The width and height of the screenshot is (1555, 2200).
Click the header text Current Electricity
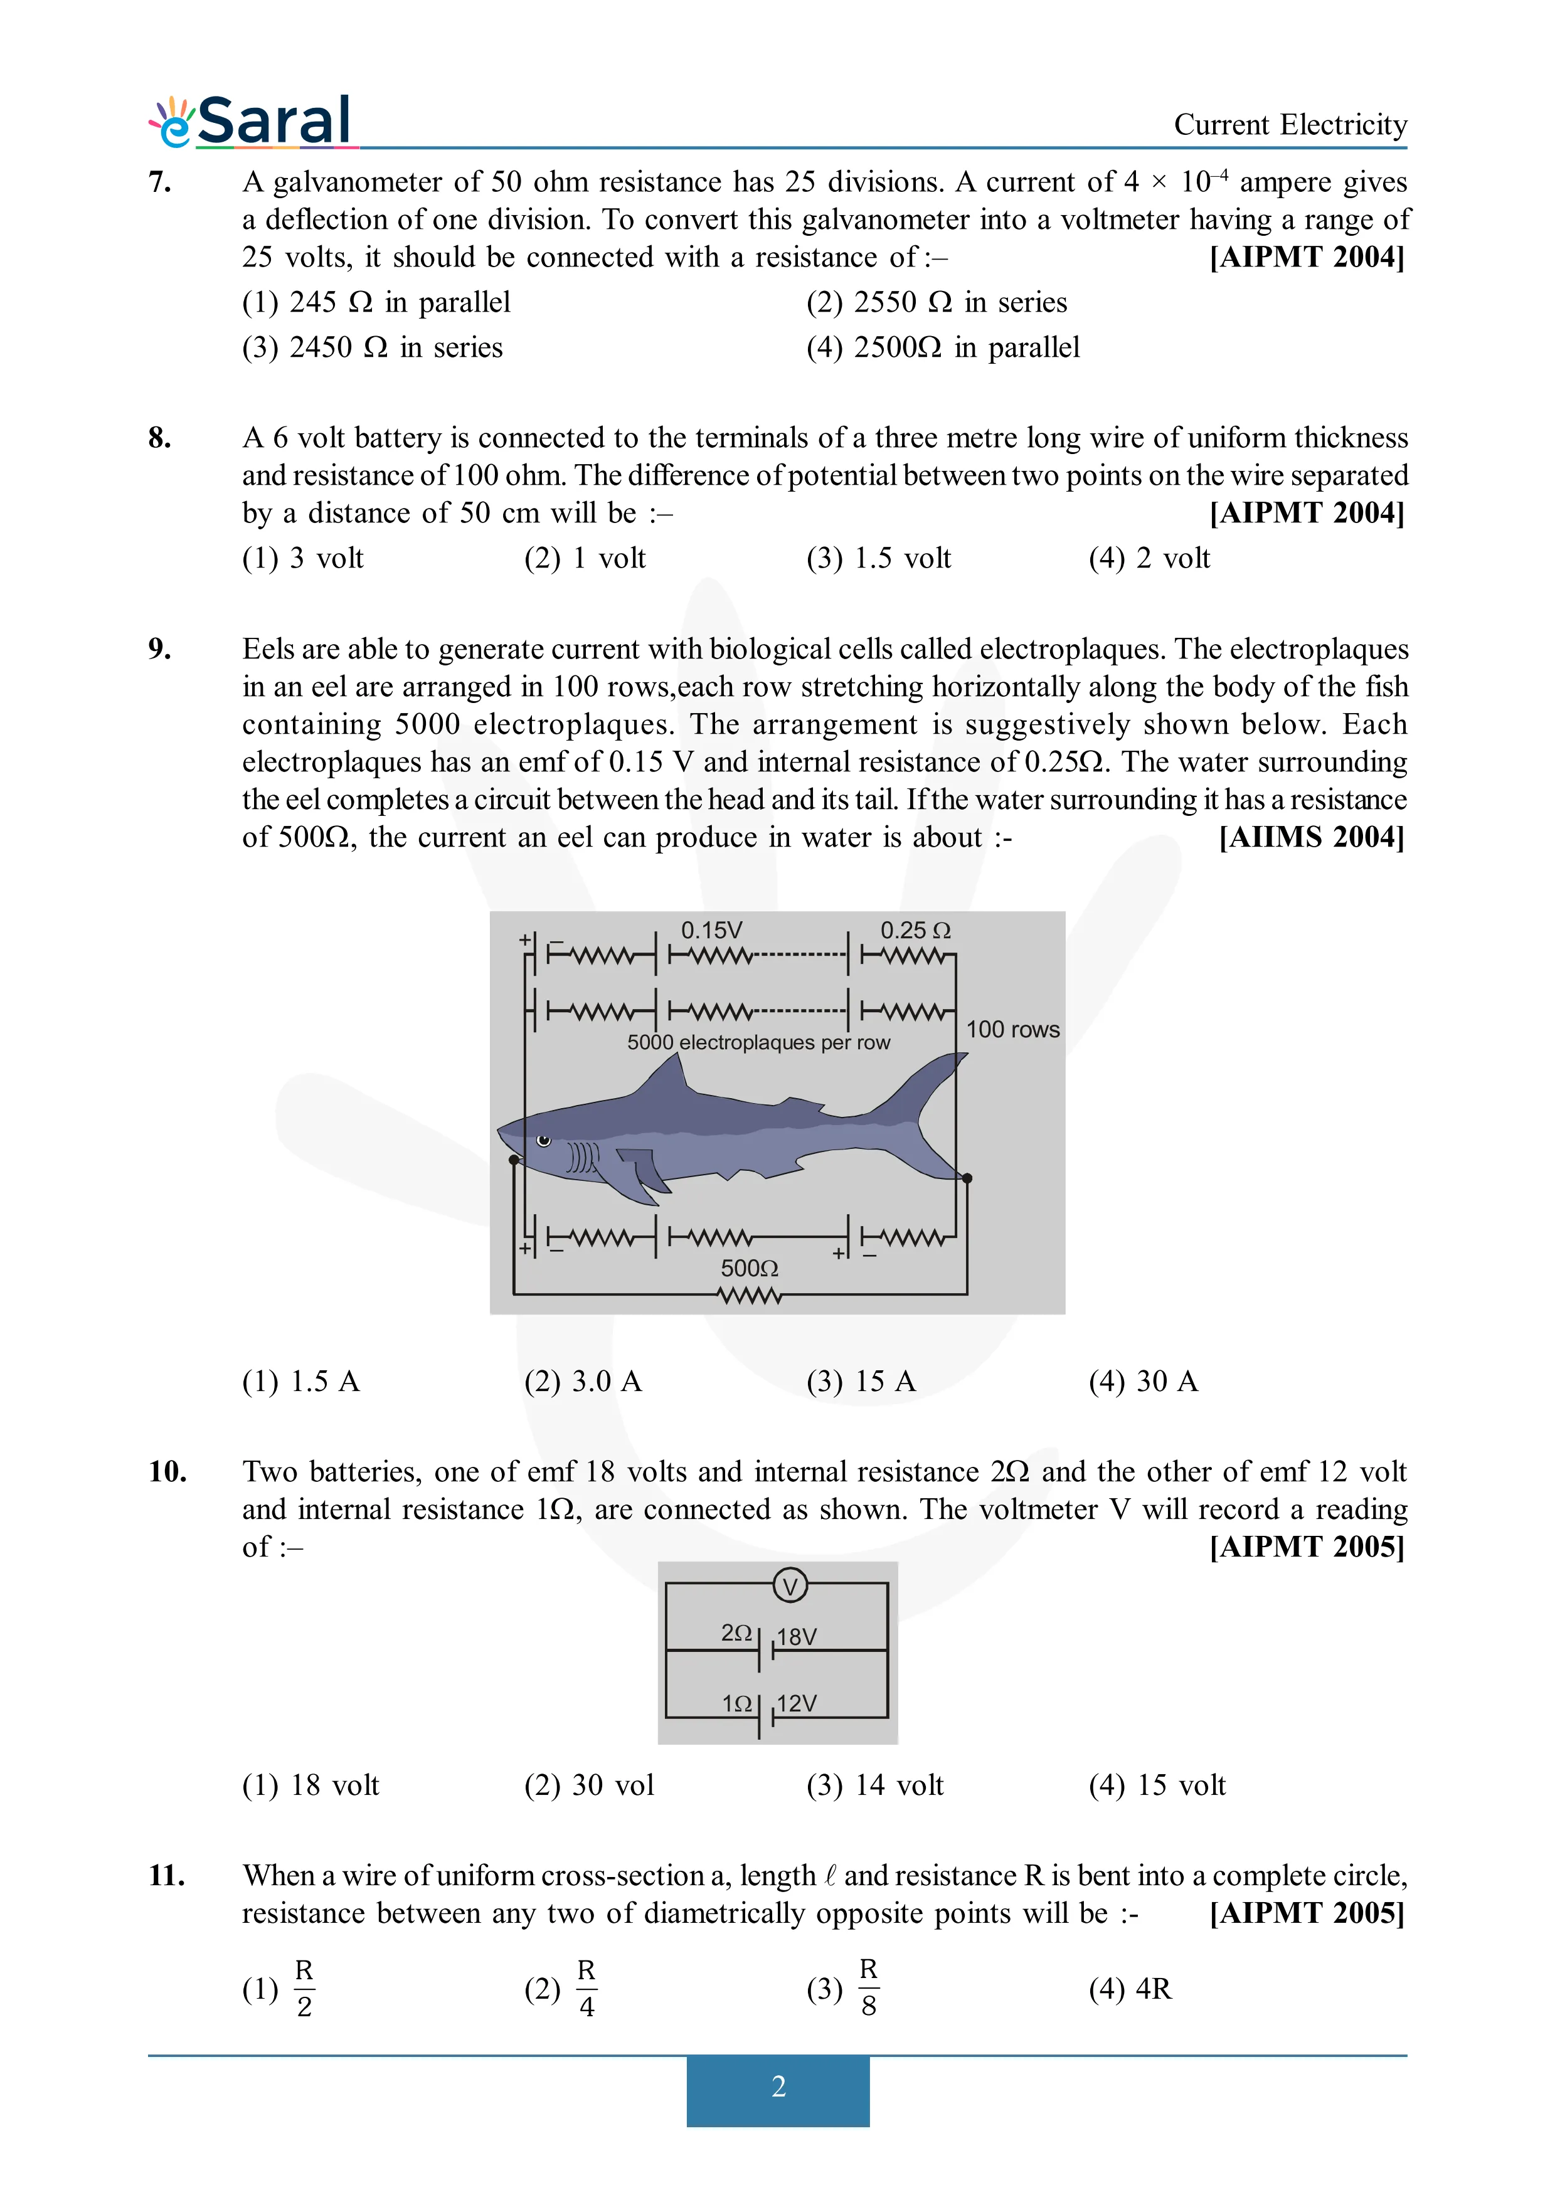(1290, 125)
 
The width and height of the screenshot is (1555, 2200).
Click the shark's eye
(543, 1140)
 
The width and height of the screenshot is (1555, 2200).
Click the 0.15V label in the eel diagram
(711, 931)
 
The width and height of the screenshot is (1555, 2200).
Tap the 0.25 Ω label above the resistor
(915, 931)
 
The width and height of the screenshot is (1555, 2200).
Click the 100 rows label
(1012, 1029)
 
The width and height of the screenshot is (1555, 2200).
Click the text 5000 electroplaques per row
(758, 1042)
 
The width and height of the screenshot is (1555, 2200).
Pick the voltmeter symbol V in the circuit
(790, 1587)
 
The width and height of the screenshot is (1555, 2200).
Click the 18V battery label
(796, 1637)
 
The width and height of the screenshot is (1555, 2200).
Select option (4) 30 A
(1143, 1381)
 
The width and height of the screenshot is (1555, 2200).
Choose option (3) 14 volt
(875, 1785)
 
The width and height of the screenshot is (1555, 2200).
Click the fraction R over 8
(868, 1989)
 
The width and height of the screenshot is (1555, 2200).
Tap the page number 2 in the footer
(778, 2086)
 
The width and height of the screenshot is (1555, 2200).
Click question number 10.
(167, 1472)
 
